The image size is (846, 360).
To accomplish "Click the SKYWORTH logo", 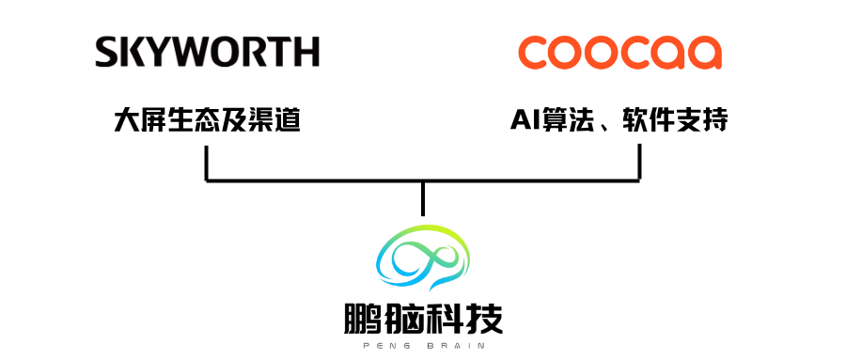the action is tap(207, 52).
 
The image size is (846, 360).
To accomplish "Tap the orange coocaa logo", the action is tap(620, 53).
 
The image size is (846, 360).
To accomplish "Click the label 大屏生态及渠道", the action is tap(207, 120).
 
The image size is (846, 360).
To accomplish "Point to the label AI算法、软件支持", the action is tap(619, 120).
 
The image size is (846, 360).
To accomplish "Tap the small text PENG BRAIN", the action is tap(423, 346).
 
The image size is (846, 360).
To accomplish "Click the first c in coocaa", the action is tap(536, 54).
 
